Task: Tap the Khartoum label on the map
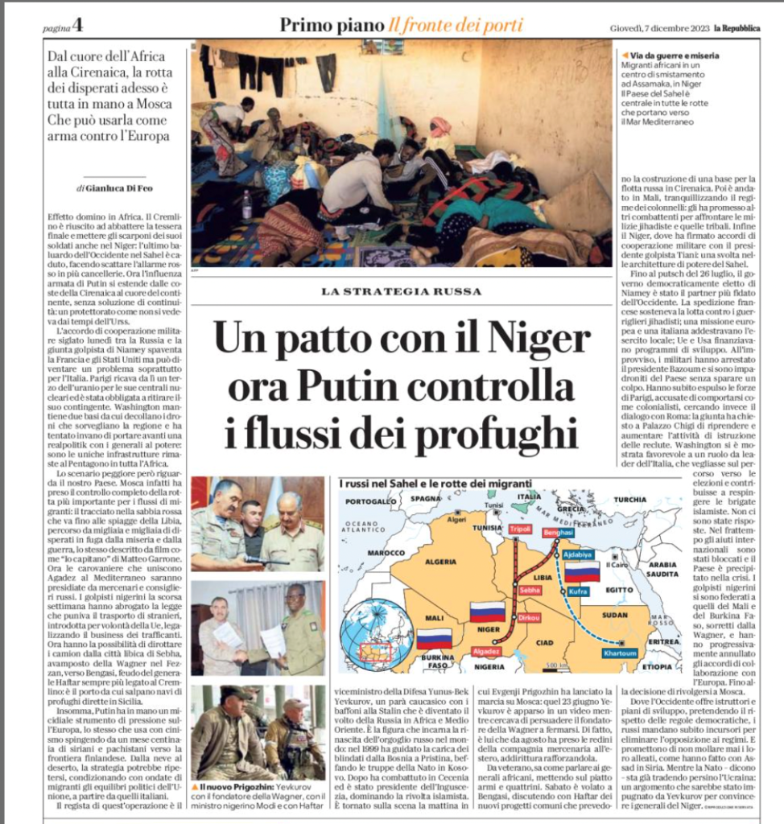(x=620, y=653)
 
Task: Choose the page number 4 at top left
(x=77, y=24)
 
